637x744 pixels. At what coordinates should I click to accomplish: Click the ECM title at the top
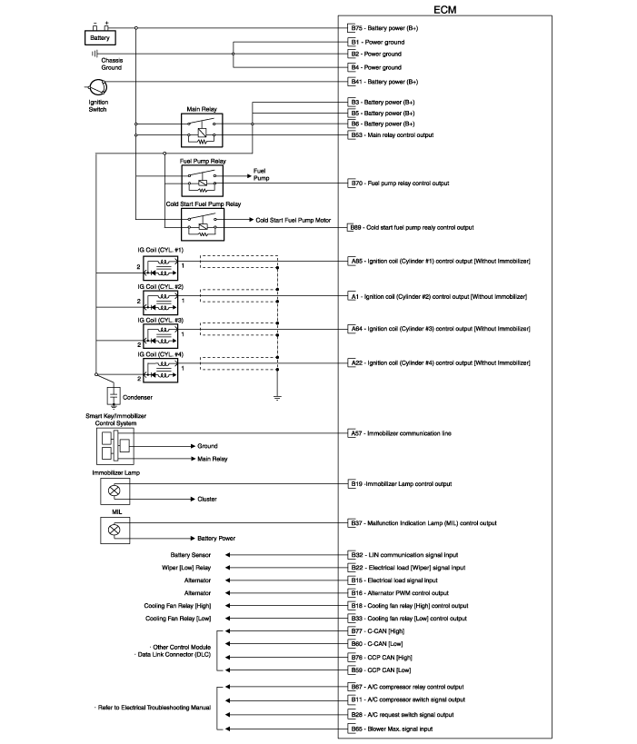pos(444,9)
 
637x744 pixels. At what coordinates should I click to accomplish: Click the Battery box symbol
pos(100,38)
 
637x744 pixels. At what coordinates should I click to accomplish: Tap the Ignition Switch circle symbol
pos(98,87)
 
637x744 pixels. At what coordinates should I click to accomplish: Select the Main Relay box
pos(202,130)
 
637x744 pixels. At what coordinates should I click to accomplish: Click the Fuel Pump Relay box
pos(203,181)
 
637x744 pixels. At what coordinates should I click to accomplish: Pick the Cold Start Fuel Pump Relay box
pos(203,224)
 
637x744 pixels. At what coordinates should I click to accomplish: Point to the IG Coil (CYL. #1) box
pos(161,268)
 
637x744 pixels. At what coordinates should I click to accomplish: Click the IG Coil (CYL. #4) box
pos(161,370)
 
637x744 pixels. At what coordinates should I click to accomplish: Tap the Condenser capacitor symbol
pos(114,395)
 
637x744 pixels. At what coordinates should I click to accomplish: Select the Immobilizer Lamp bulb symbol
pos(114,491)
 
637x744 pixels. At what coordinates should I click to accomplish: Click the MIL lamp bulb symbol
pos(114,530)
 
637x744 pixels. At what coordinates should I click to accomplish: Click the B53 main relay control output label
pos(392,135)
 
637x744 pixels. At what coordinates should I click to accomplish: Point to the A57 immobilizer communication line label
pos(401,433)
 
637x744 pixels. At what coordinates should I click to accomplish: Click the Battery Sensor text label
pos(190,555)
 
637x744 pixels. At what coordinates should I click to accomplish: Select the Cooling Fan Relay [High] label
pos(177,606)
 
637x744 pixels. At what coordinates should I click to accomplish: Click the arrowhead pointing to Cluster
pos(193,499)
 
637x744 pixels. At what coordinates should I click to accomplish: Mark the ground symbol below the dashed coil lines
pos(277,398)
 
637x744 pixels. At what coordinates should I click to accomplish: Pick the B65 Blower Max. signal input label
pos(392,729)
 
